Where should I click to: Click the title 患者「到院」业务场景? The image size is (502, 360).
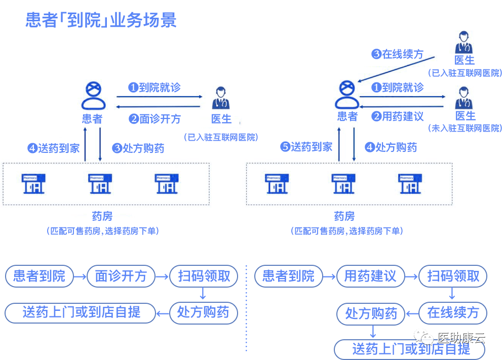[x=101, y=20]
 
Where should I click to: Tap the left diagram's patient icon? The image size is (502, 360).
[x=93, y=96]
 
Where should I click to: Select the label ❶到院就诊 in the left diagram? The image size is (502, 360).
[x=155, y=88]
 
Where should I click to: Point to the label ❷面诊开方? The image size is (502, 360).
[x=155, y=119]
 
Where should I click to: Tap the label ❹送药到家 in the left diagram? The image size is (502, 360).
[x=54, y=148]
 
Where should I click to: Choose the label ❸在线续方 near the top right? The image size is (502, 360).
[x=398, y=54]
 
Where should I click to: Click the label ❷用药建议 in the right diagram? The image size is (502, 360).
[x=398, y=116]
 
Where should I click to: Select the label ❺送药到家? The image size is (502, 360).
[x=306, y=147]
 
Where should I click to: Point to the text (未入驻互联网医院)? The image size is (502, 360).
[x=465, y=128]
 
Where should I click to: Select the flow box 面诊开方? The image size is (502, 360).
[x=121, y=276]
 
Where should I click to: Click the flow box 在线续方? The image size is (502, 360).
[x=452, y=312]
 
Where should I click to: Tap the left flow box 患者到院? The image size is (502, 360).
[x=39, y=276]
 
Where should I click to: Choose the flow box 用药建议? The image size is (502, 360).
[x=370, y=276]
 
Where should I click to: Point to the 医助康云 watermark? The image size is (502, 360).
[x=454, y=338]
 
